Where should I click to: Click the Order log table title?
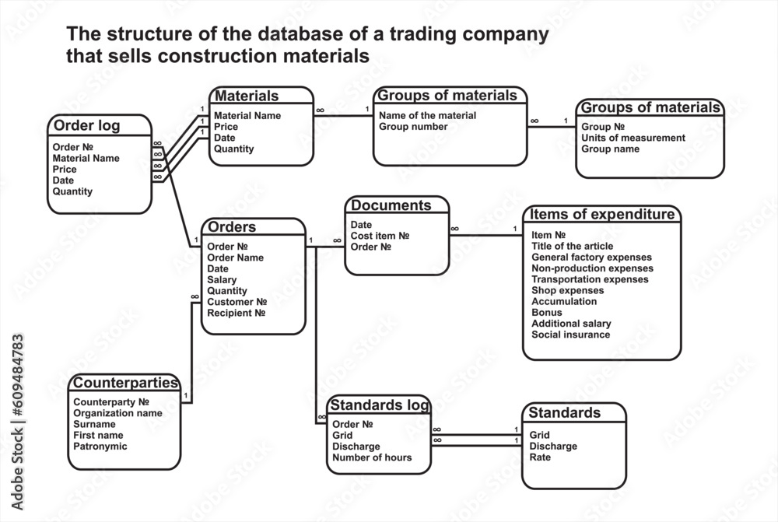click(x=86, y=126)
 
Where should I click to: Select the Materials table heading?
click(x=247, y=96)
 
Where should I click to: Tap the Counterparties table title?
click(x=126, y=384)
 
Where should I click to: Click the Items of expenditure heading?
click(x=602, y=215)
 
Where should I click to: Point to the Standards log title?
click(x=379, y=405)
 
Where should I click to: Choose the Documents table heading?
click(x=391, y=206)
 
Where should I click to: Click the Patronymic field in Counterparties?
click(x=100, y=447)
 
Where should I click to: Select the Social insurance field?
click(x=570, y=335)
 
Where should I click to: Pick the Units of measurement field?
click(x=633, y=138)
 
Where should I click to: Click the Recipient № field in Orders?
click(x=237, y=313)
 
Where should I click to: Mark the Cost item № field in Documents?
click(x=380, y=236)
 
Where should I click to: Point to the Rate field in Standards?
click(x=540, y=457)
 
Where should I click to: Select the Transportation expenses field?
click(x=590, y=279)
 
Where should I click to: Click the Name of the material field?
click(x=428, y=115)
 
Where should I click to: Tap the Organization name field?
click(x=118, y=413)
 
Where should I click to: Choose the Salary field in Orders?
click(x=223, y=279)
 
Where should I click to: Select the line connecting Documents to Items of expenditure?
click(x=486, y=235)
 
